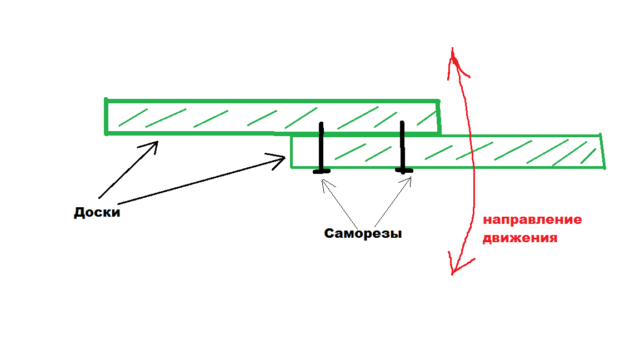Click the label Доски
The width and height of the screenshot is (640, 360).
click(x=97, y=213)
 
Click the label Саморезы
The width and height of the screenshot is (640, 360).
click(x=363, y=234)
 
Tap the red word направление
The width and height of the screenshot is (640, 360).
click(x=532, y=219)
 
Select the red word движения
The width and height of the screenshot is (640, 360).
click(x=519, y=239)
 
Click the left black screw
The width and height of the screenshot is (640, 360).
click(x=321, y=147)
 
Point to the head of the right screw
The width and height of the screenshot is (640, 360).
click(x=404, y=171)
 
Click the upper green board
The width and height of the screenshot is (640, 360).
click(x=272, y=117)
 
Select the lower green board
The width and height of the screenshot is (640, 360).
click(x=444, y=151)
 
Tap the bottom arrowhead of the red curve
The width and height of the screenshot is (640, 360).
click(x=453, y=269)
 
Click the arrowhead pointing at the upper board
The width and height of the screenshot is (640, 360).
click(x=154, y=144)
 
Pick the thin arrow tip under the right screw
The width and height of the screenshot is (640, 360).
click(x=409, y=179)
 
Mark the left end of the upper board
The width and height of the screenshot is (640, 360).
click(x=106, y=117)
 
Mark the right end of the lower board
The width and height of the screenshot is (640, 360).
click(x=602, y=151)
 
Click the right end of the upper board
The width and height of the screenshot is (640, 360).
click(x=439, y=117)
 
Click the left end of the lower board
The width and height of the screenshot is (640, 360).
click(x=292, y=151)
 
